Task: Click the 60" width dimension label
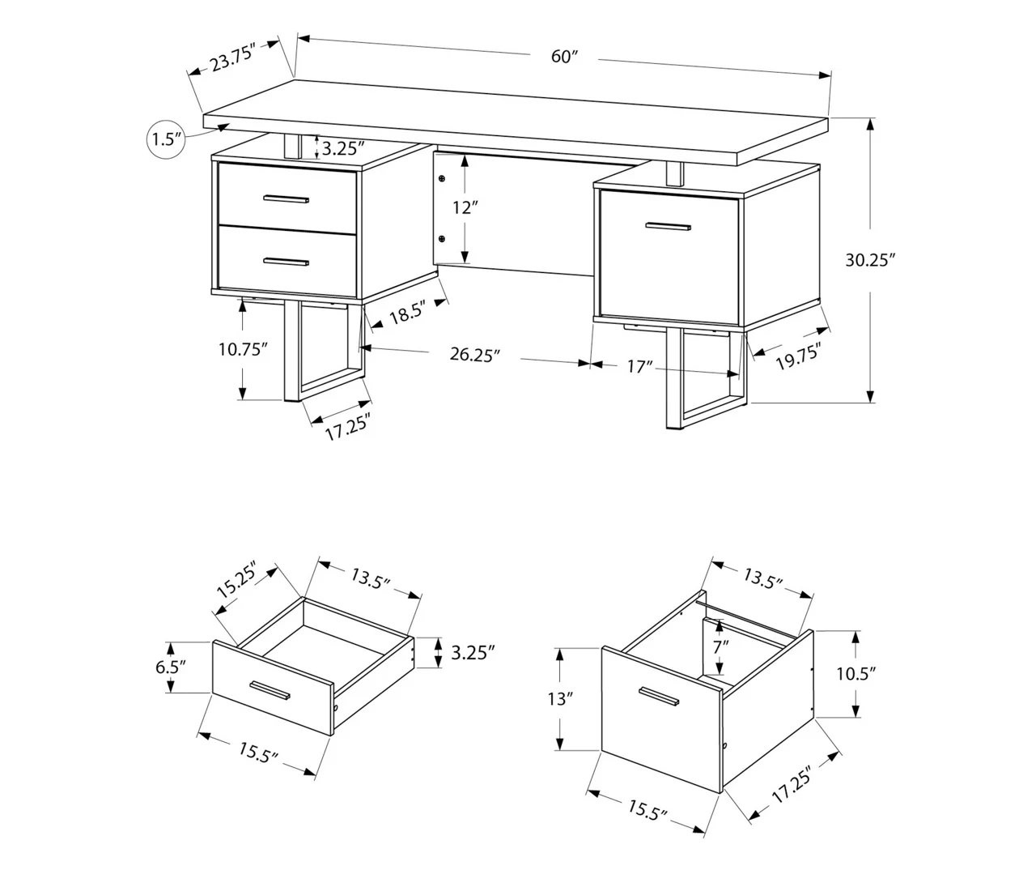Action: coord(564,57)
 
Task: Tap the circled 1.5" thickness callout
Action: coord(163,139)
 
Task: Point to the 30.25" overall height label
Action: coord(870,260)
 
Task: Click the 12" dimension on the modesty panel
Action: coord(462,207)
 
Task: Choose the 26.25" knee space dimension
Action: coord(475,355)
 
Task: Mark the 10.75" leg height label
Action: coord(242,349)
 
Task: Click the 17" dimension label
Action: coord(639,367)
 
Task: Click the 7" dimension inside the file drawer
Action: coord(720,646)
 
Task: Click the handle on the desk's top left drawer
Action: coord(287,198)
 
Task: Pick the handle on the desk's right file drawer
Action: coord(669,227)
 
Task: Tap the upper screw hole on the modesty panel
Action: coord(442,177)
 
